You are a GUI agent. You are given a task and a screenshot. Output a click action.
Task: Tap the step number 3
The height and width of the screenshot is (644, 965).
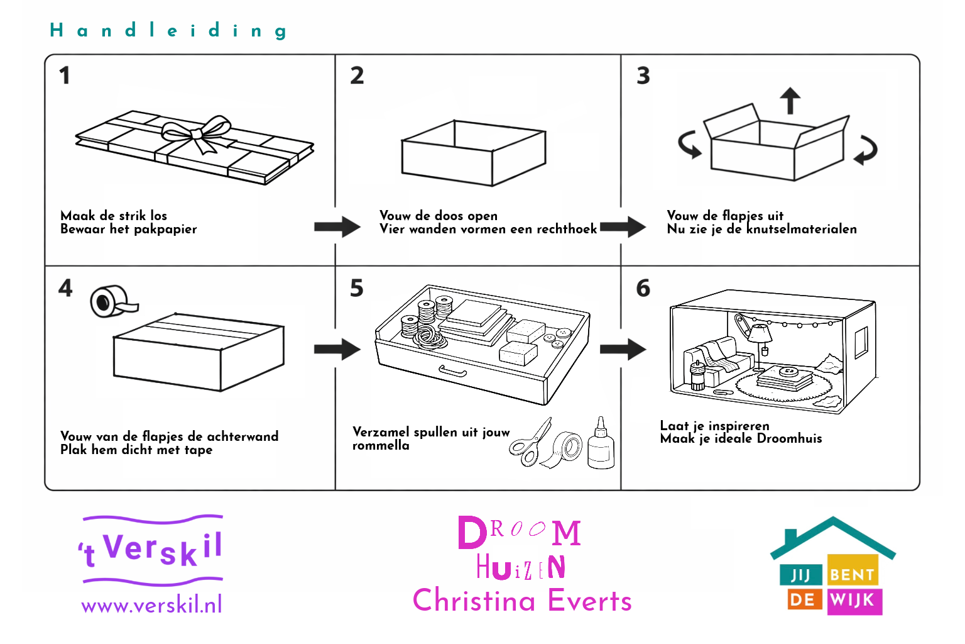tap(643, 76)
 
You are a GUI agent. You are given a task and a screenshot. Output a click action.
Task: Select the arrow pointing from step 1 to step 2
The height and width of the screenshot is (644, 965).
tap(337, 227)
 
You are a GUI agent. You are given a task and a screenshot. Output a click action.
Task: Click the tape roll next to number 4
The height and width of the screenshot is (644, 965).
tap(109, 301)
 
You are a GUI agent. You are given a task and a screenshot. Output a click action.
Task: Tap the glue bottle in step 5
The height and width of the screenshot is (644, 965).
tap(601, 445)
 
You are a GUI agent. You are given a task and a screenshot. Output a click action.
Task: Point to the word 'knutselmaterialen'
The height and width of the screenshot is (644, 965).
tap(801, 230)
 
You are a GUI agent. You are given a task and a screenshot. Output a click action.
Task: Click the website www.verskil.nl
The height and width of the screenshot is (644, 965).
tap(151, 605)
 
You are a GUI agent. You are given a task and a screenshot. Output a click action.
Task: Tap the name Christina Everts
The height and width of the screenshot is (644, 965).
tap(522, 601)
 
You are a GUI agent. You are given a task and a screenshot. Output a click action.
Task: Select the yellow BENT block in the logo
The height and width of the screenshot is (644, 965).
tap(852, 574)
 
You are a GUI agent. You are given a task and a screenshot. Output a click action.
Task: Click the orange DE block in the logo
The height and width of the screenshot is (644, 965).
tap(802, 599)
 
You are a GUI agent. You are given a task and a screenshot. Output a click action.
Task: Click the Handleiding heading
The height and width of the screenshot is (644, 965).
tap(168, 30)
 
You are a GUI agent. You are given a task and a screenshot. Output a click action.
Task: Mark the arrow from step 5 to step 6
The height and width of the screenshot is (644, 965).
tap(623, 349)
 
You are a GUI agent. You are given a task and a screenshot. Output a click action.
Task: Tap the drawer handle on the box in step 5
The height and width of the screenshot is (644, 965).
tap(452, 371)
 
